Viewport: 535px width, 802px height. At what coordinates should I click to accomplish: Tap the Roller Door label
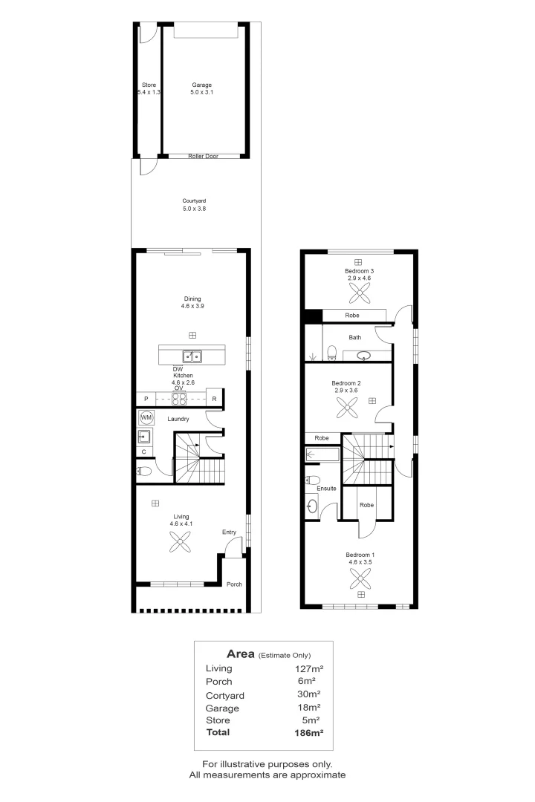(x=202, y=156)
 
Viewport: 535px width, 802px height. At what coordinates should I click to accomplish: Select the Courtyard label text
(x=194, y=200)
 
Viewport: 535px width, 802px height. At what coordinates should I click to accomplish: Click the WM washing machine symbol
(x=146, y=418)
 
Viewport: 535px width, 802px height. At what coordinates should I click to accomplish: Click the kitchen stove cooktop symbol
(x=179, y=399)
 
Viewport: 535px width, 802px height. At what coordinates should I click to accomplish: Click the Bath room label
(x=355, y=337)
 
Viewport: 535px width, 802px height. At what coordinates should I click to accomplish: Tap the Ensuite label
(x=326, y=488)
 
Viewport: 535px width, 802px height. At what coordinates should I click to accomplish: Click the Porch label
(x=234, y=584)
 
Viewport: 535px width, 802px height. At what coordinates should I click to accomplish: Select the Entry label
(x=229, y=532)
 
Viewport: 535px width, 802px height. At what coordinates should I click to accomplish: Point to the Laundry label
(x=178, y=419)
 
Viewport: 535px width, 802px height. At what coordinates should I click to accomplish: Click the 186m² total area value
(x=308, y=732)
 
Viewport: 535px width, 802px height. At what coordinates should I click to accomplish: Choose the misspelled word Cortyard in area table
(x=224, y=695)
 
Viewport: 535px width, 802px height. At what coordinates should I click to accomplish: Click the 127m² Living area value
(x=309, y=668)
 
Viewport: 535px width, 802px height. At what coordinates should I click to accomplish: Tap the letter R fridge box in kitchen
(x=214, y=399)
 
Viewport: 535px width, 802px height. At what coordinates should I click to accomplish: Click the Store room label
(x=149, y=85)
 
